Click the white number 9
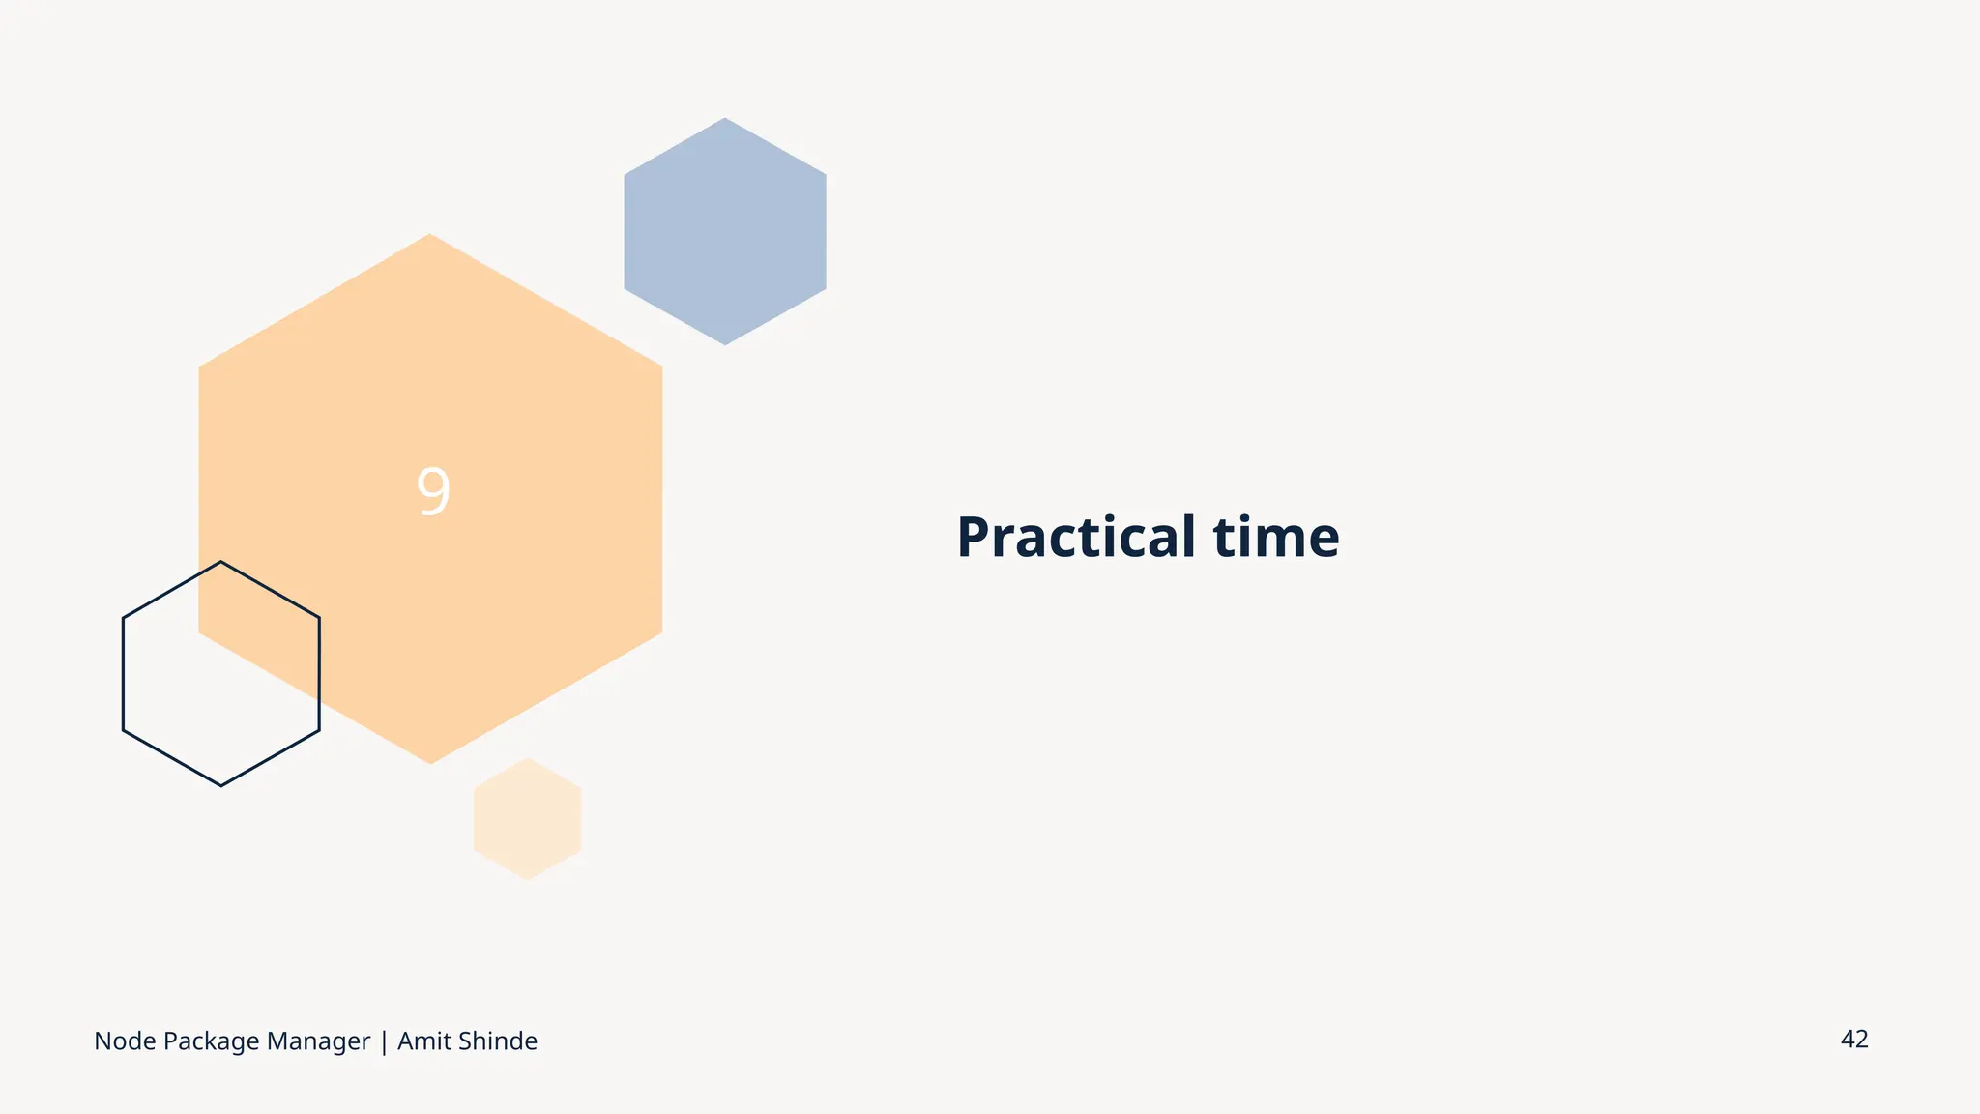pyautogui.click(x=433, y=491)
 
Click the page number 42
pyautogui.click(x=1854, y=1040)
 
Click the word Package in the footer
pyautogui.click(x=211, y=1041)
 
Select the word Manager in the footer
pyautogui.click(x=318, y=1041)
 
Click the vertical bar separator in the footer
pyautogui.click(x=384, y=1041)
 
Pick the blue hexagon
pyautogui.click(x=725, y=231)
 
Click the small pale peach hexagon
pyautogui.click(x=528, y=819)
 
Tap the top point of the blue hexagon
pyautogui.click(x=725, y=119)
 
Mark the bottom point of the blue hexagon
pyautogui.click(x=725, y=344)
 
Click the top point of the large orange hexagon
pyautogui.click(x=430, y=235)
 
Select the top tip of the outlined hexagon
pyautogui.click(x=221, y=562)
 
